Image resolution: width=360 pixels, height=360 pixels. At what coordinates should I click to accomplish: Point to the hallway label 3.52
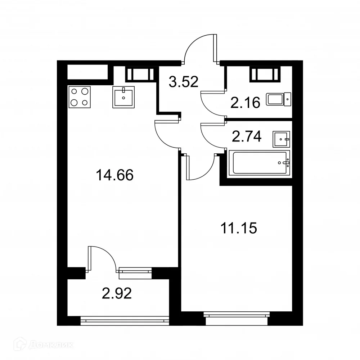[x=184, y=82]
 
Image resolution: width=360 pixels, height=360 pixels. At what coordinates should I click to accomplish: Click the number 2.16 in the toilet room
[x=245, y=103]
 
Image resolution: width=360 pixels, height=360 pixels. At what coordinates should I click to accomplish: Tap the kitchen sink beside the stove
[x=123, y=97]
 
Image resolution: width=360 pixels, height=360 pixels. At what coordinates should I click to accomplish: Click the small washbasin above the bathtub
[x=282, y=139]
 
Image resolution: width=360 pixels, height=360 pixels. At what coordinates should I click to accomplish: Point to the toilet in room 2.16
[x=279, y=99]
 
